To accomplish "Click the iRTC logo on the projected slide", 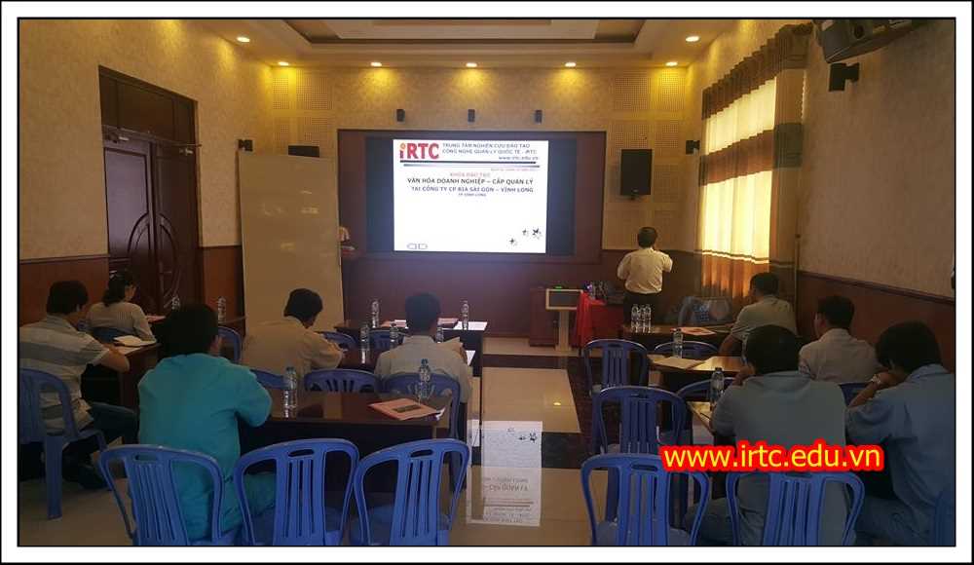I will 419,151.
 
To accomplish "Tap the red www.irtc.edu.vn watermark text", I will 771,457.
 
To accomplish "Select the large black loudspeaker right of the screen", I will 636,172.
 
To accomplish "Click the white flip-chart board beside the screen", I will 289,234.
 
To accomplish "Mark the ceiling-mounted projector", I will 853,39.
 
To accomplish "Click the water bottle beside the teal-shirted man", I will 289,387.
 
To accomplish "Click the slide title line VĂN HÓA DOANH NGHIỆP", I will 470,181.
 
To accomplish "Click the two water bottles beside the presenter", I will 640,318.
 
